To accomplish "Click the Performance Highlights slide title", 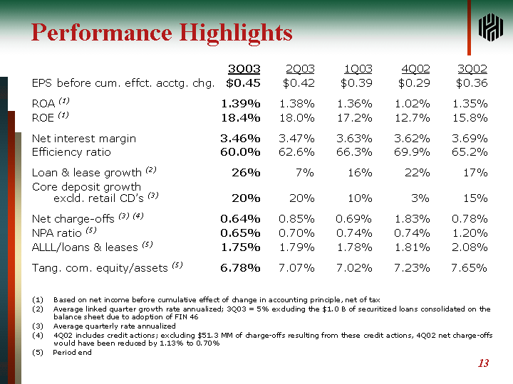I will tap(162, 33).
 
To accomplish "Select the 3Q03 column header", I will tap(244, 69).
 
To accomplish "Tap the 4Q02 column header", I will tap(415, 69).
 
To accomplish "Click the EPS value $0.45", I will tap(243, 83).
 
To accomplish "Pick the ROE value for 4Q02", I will tap(413, 117).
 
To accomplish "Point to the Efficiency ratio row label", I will tap(71, 151).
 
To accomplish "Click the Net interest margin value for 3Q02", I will tap(470, 138).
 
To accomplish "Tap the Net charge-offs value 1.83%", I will tap(413, 219).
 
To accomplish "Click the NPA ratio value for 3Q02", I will tap(470, 233).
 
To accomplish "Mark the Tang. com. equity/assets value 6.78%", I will tap(240, 267).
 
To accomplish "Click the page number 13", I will tap(483, 363).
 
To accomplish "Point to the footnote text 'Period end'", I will tap(72, 353).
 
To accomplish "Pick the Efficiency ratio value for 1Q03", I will tap(354, 151).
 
